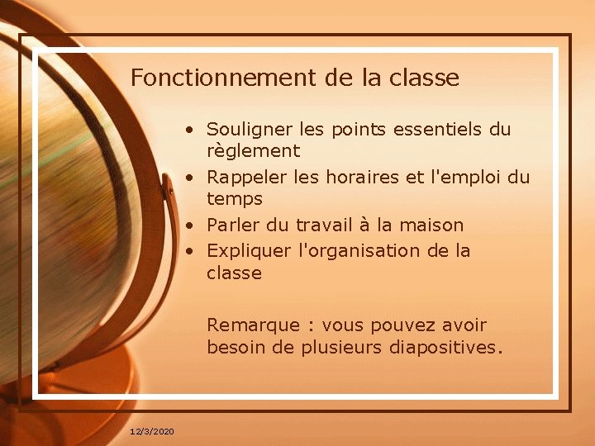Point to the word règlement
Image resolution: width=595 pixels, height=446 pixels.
(x=253, y=152)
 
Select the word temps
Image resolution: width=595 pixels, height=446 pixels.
(x=235, y=199)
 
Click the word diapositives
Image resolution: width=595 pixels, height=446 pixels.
(x=443, y=347)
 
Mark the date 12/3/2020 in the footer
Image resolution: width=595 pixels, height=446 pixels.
(x=152, y=432)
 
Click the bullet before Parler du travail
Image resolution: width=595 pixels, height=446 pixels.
(x=190, y=225)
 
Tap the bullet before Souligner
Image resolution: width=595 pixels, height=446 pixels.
(x=190, y=130)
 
